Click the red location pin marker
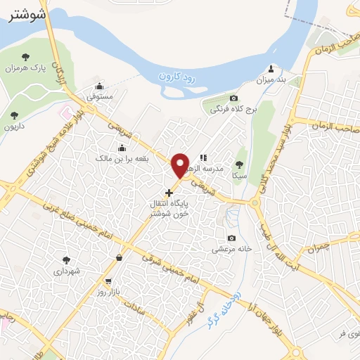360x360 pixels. point(181,165)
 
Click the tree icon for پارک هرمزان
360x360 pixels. point(26,56)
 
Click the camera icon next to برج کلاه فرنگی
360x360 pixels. point(233,98)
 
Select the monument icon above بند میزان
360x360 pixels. point(272,70)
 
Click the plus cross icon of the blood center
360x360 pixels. point(169,192)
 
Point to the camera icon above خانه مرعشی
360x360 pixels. point(232,237)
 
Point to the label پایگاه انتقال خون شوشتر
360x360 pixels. point(169,208)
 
